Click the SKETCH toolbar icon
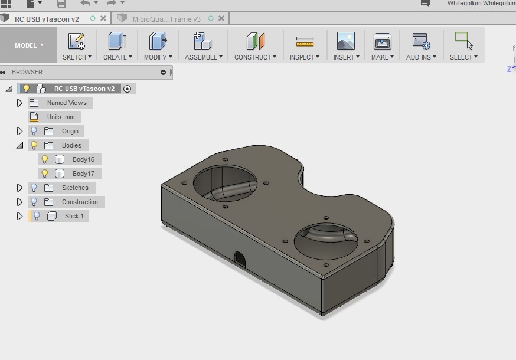tap(76, 41)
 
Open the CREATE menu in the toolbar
tap(117, 57)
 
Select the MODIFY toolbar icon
tap(158, 41)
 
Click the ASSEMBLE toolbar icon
tap(203, 41)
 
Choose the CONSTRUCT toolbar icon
tap(255, 41)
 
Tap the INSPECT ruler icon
tap(305, 41)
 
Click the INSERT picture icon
tap(345, 41)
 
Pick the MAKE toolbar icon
tap(383, 41)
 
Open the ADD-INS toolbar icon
tap(421, 41)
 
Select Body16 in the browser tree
tap(83, 159)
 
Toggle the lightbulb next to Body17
tap(44, 174)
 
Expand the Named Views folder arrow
tap(19, 103)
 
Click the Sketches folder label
tap(75, 188)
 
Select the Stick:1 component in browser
tap(74, 216)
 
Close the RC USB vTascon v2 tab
tap(103, 18)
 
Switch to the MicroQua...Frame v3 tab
tap(166, 19)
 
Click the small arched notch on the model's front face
tap(240, 258)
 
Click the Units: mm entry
tap(61, 117)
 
